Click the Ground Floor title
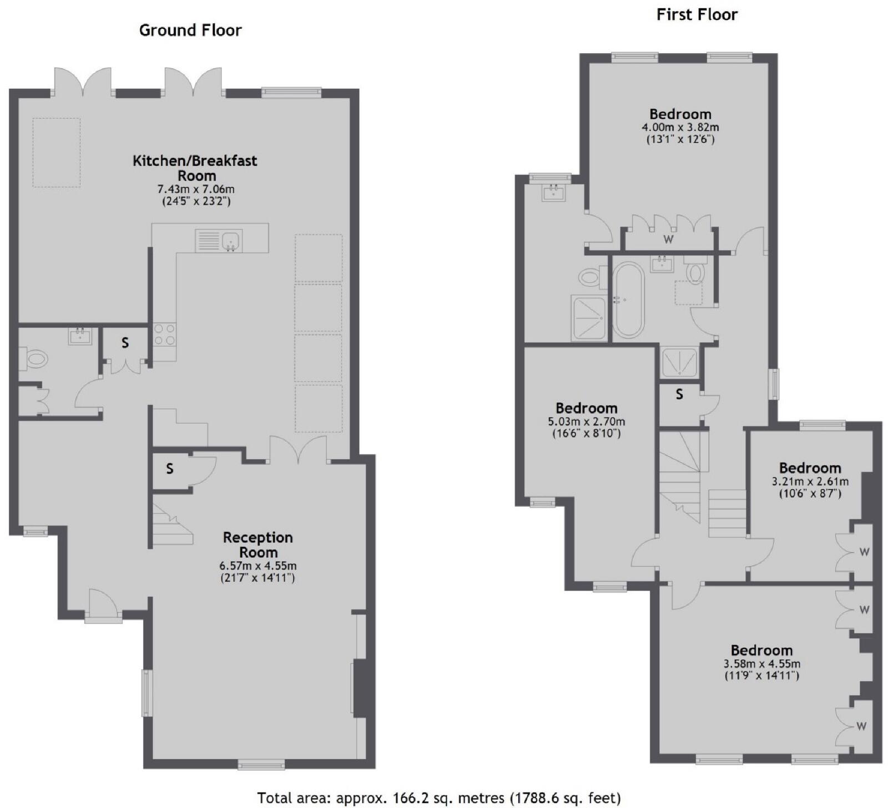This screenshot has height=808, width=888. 190,30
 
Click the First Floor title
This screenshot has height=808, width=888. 697,14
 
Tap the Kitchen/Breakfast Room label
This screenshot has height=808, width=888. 195,168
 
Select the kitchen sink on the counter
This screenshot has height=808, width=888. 219,241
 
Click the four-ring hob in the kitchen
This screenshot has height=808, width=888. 164,334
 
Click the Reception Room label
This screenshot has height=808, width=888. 258,545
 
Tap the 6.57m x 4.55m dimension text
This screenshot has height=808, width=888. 258,566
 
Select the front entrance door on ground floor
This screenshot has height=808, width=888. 103,605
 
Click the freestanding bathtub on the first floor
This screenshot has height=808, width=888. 628,299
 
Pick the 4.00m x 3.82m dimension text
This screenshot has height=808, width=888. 680,127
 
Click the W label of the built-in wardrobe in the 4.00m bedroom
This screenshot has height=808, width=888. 669,239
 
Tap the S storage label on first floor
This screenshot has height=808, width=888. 679,394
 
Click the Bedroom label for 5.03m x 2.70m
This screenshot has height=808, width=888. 586,409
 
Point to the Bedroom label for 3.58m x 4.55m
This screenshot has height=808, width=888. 761,650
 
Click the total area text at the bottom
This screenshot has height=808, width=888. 438,797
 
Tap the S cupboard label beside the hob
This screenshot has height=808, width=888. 125,343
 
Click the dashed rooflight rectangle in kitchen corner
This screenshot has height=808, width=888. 56,152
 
